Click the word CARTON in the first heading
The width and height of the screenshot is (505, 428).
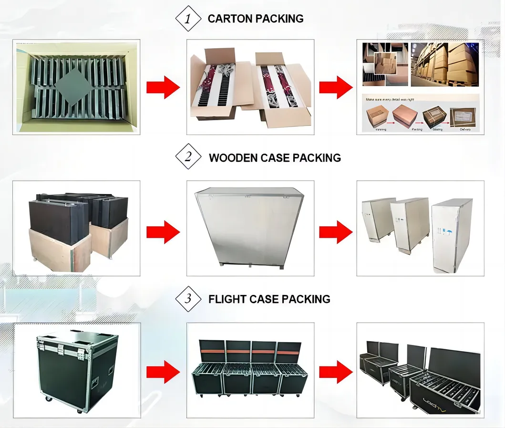click(230, 19)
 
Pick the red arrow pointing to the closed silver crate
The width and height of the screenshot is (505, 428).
click(163, 232)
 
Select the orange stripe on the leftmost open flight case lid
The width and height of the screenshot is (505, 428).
click(212, 351)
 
